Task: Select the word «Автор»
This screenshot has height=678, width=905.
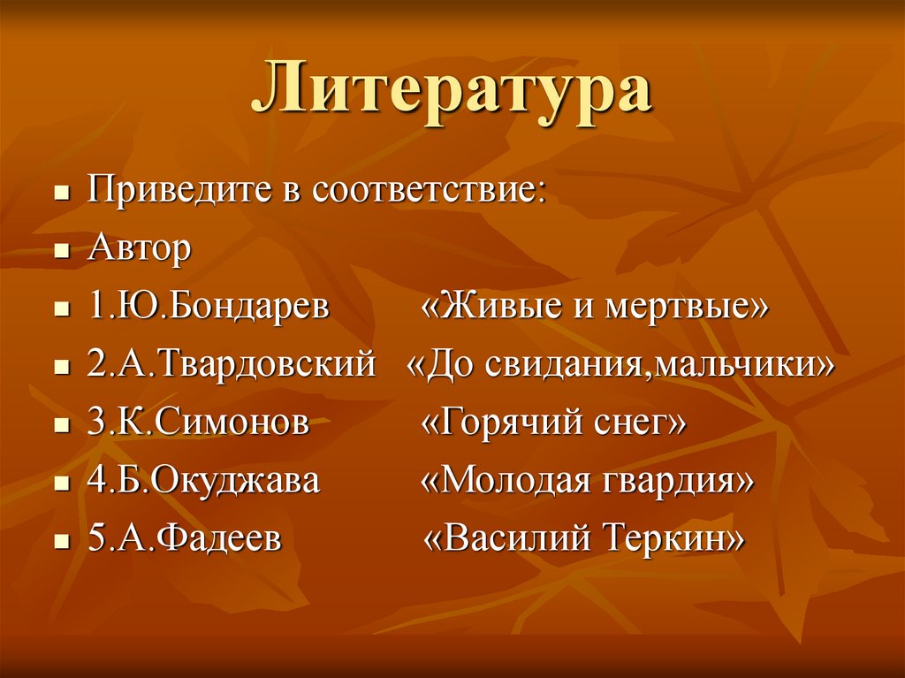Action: (x=140, y=249)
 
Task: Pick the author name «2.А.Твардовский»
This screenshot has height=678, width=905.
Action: (x=232, y=364)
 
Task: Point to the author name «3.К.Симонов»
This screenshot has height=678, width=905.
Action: (x=199, y=423)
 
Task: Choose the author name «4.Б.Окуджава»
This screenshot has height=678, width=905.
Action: (x=204, y=481)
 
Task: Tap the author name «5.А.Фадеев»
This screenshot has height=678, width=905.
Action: (x=185, y=538)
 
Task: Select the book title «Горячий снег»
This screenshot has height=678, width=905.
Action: (x=552, y=423)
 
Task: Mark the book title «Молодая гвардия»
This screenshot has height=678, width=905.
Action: (x=588, y=481)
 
